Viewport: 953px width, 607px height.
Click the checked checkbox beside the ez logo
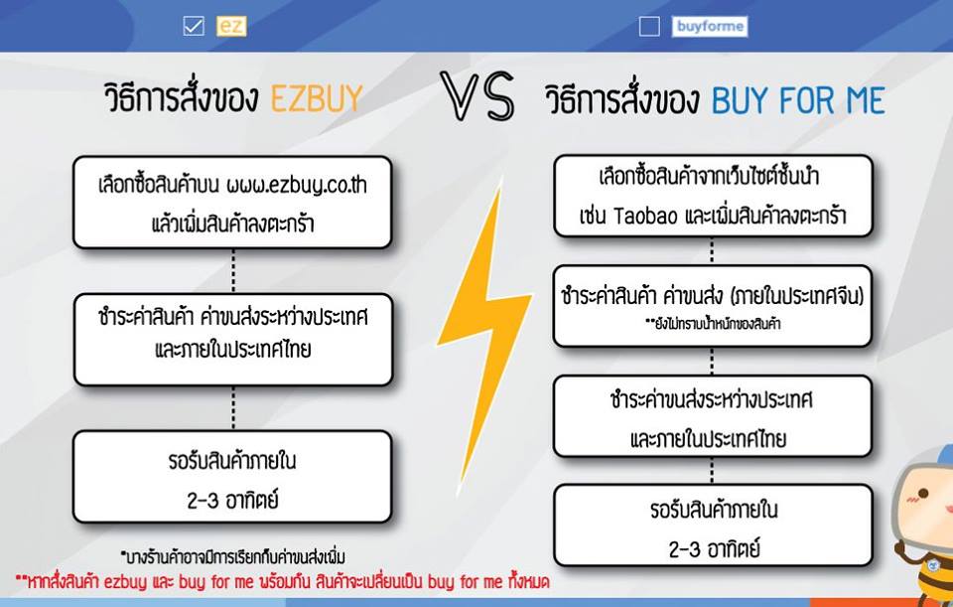(x=194, y=26)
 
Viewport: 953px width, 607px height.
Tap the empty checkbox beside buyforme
(x=649, y=26)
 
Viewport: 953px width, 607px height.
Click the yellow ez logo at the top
(x=231, y=26)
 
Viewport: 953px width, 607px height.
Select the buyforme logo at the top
(x=709, y=26)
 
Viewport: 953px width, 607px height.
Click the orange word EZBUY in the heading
(x=317, y=98)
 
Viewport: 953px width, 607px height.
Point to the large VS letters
(x=477, y=95)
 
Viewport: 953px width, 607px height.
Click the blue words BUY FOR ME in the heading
(x=798, y=100)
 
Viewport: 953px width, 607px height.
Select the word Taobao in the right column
(x=645, y=216)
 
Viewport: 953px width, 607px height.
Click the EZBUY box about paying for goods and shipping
(x=233, y=340)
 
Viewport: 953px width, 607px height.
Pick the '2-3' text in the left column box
(x=203, y=501)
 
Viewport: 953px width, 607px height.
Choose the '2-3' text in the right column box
(x=684, y=549)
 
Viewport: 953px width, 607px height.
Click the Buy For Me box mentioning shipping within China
(x=713, y=306)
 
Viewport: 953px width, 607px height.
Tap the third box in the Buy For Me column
(x=713, y=416)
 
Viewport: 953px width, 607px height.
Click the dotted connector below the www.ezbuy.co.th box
(x=233, y=270)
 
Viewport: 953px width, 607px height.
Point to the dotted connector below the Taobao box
(x=712, y=251)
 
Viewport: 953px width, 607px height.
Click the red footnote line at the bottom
(x=283, y=582)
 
